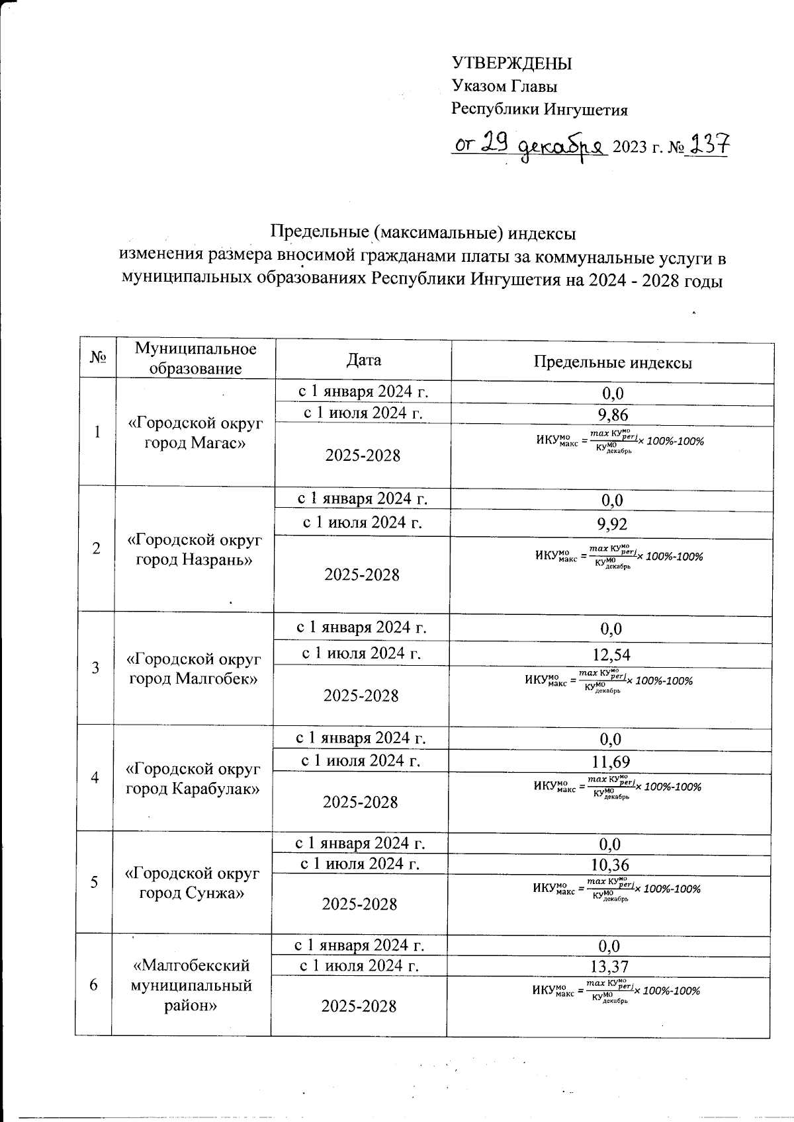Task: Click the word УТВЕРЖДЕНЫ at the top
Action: (511, 63)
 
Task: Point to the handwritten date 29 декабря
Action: (530, 145)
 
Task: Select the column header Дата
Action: (363, 360)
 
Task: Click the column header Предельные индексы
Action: (612, 362)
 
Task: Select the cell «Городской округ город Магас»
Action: (195, 432)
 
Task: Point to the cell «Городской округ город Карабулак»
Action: (193, 778)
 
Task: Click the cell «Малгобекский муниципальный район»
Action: (192, 985)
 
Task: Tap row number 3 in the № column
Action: (96, 667)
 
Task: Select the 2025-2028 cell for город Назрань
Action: (362, 575)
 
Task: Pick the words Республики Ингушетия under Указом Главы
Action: (539, 109)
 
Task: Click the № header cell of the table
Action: (98, 359)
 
